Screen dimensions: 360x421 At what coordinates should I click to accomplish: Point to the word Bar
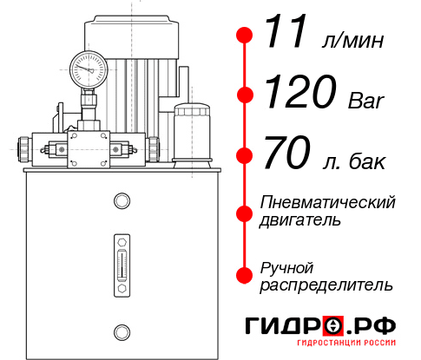click(367, 101)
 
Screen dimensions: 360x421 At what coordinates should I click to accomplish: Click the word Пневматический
click(328, 202)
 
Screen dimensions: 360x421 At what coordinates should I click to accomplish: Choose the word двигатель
click(300, 220)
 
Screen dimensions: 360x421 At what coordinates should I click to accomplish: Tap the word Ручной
click(286, 266)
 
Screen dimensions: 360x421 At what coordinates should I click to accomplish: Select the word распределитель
click(326, 285)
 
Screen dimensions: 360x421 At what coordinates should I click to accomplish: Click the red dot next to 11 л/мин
click(245, 36)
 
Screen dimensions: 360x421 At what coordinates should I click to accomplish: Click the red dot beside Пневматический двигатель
click(245, 212)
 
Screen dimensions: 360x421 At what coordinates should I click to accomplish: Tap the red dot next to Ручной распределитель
click(245, 275)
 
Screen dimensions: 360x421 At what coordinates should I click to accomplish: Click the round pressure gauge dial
click(89, 67)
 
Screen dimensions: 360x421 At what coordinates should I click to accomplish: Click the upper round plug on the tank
click(121, 201)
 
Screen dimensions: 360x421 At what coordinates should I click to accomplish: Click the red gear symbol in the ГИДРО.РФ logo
click(335, 326)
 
